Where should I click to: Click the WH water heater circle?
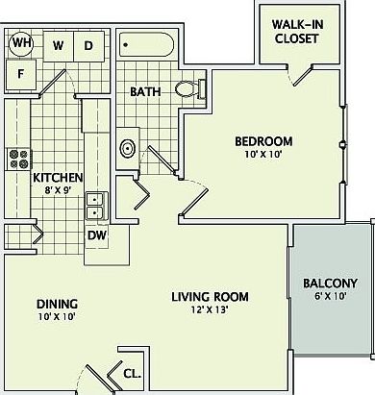(x=21, y=44)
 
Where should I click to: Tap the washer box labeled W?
(x=58, y=45)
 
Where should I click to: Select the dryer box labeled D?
(x=88, y=45)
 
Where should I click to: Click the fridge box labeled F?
(x=22, y=74)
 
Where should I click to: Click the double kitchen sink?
(x=96, y=205)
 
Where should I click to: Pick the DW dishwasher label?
(x=96, y=235)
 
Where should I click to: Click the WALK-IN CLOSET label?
(x=297, y=33)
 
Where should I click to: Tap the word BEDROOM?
(x=263, y=142)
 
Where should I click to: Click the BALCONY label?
(x=330, y=284)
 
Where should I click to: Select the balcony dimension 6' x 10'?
(x=330, y=298)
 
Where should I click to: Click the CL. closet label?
(x=132, y=374)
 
